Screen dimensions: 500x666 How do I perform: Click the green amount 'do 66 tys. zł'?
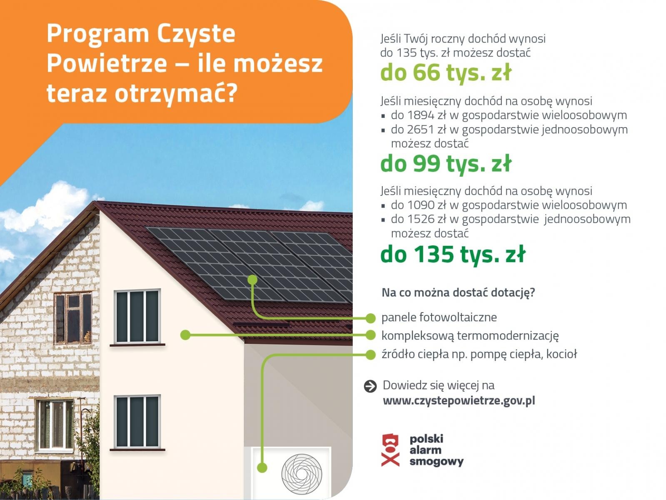445,73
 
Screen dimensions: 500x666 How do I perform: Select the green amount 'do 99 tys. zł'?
445,163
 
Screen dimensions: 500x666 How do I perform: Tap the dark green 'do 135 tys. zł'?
453,254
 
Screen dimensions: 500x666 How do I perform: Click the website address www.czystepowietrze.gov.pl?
459,401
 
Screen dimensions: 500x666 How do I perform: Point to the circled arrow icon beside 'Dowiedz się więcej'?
370,386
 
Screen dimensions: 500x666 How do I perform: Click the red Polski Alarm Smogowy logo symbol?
390,450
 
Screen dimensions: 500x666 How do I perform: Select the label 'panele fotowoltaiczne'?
439,317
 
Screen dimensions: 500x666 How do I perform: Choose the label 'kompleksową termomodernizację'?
470,335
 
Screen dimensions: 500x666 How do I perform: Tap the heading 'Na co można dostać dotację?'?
458,292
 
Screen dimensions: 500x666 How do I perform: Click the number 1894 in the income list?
421,115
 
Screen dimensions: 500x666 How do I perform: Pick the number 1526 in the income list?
421,219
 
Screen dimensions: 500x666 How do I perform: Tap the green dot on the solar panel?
252,280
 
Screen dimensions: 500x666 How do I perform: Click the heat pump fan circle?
302,474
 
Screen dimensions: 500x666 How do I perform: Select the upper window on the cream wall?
137,317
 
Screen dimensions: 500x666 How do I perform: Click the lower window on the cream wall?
137,422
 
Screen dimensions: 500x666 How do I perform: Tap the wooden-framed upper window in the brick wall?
73,318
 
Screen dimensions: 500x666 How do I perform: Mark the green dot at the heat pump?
262,467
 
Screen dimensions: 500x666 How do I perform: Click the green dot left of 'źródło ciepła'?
370,355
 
